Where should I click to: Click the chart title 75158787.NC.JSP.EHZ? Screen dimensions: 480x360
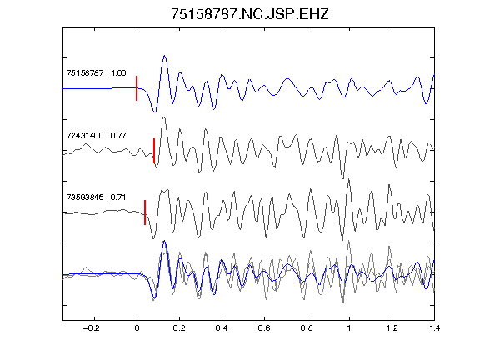(x=249, y=14)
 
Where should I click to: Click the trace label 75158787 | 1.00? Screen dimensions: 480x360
(x=96, y=72)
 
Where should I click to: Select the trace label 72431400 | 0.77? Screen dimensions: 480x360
(x=96, y=135)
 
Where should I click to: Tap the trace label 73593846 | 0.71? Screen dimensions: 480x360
(x=96, y=197)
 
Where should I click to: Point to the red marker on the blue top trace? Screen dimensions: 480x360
(x=137, y=88)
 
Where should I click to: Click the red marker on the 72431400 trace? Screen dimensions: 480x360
(x=154, y=151)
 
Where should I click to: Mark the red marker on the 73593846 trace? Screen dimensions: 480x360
(x=145, y=212)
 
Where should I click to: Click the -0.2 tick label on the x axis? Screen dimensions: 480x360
(x=92, y=328)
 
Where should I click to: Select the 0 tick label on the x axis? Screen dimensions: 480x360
(x=137, y=328)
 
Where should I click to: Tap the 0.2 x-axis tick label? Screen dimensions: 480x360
(x=179, y=328)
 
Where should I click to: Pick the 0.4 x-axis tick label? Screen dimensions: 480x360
(x=222, y=328)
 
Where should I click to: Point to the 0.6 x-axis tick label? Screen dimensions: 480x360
(x=264, y=328)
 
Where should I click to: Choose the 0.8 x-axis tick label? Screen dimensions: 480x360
(x=307, y=328)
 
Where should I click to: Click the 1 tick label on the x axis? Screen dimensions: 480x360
(x=349, y=328)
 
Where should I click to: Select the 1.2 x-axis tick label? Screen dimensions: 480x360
(x=392, y=328)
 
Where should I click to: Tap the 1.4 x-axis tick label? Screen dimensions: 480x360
(x=434, y=328)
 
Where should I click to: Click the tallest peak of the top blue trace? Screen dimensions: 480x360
(x=165, y=56)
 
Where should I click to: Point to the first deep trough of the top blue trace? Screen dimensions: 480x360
(x=155, y=112)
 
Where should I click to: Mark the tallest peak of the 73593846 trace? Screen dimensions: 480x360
(x=349, y=180)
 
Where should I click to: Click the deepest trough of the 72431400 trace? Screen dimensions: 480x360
(x=342, y=177)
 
